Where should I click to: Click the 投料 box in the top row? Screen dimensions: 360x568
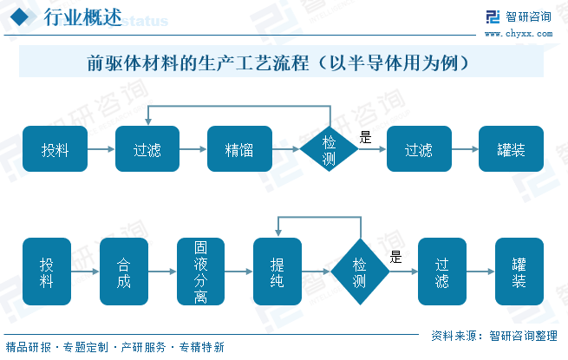[x=55, y=149]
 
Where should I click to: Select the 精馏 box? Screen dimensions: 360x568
[x=239, y=149]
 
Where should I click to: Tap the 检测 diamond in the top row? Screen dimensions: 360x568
[x=330, y=149]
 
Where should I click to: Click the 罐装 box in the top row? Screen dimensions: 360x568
[x=511, y=149]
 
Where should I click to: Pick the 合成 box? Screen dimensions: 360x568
[x=124, y=272]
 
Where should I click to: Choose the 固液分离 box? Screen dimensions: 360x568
[x=200, y=272]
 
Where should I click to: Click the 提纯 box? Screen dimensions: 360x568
[x=277, y=272]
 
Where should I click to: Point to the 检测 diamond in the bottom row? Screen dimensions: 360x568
[x=360, y=272]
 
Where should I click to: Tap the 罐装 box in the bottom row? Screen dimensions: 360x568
[x=519, y=272]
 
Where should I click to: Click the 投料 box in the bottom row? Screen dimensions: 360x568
[x=47, y=272]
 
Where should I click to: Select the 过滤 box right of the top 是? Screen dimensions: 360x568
[x=419, y=149]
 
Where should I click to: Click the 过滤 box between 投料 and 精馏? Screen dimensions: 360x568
[x=147, y=149]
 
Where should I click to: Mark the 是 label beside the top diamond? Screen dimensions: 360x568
[x=365, y=137]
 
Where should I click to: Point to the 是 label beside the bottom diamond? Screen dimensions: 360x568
[x=395, y=257]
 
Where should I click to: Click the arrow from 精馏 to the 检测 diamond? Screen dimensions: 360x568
[x=286, y=149]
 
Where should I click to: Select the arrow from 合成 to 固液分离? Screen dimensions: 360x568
[x=162, y=272]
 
